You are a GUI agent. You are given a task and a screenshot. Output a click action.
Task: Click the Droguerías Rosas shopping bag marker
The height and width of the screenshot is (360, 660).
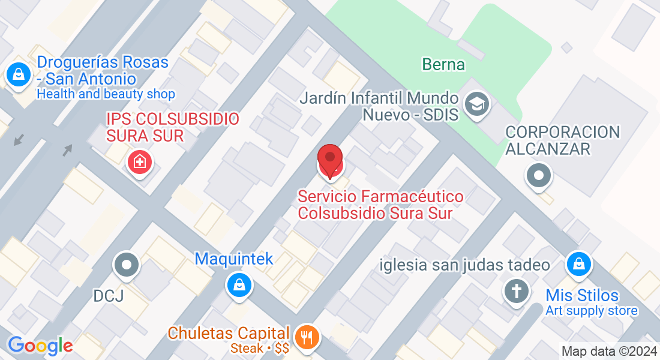coord(19,75)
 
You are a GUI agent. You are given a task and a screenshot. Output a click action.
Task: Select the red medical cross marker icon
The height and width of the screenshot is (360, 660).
coord(140,161)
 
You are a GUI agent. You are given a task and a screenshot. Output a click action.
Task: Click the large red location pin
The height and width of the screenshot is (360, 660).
coord(329,161)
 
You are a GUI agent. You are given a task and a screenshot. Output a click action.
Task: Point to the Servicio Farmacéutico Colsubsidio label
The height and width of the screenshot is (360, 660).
coord(380,205)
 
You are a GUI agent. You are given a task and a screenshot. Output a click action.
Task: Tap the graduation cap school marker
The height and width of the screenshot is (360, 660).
coord(478,104)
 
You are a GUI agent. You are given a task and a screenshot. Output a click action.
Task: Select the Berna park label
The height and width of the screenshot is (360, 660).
coord(443,64)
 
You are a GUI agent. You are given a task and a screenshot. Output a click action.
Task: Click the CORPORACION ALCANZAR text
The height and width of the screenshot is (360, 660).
coord(562,140)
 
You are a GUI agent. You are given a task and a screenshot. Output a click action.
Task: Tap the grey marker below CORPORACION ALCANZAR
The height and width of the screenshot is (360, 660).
coord(538,176)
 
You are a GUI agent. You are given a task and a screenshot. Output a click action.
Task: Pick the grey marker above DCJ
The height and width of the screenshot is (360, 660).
coord(127,265)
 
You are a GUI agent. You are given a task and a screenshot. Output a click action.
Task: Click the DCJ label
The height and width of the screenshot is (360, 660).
coord(108,296)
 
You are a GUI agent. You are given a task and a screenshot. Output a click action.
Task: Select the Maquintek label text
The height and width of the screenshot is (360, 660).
coord(233,259)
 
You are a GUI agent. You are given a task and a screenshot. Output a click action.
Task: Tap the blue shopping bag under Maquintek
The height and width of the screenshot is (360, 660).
coord(239,284)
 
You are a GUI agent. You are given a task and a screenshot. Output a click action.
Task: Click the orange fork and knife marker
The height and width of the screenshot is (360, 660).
coord(307,337)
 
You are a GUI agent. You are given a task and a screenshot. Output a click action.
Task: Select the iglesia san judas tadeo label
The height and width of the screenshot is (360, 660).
coord(465,265)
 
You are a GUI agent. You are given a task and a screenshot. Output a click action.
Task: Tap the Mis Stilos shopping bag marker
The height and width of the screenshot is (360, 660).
coord(579,264)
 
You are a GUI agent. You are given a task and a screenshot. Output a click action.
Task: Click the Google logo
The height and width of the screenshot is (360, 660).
coord(40,346)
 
